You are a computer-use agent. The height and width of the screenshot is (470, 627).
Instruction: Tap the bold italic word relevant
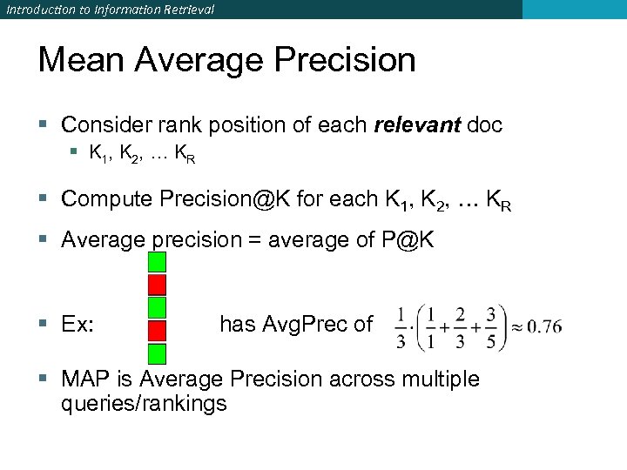[x=417, y=124]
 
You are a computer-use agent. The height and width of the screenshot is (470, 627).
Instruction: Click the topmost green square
[x=157, y=262]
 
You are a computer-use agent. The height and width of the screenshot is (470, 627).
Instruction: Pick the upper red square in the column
[x=157, y=285]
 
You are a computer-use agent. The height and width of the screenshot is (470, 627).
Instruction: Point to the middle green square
[x=157, y=307]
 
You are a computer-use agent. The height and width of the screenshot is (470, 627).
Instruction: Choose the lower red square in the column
[x=157, y=330]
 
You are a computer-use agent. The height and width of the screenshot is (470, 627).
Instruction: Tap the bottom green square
[x=157, y=352]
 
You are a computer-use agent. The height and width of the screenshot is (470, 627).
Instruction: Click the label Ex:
[x=78, y=326]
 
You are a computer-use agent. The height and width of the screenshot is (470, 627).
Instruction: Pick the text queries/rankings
[x=144, y=404]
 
